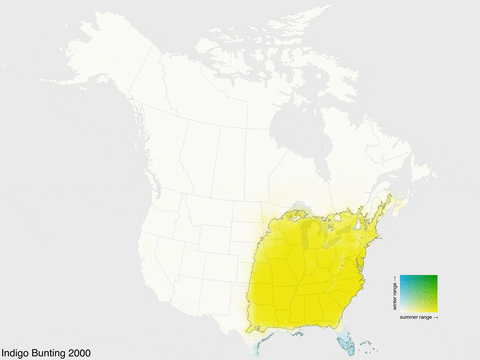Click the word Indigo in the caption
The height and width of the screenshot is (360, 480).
(x=16, y=353)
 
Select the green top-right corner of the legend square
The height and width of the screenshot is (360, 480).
(x=435, y=277)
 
